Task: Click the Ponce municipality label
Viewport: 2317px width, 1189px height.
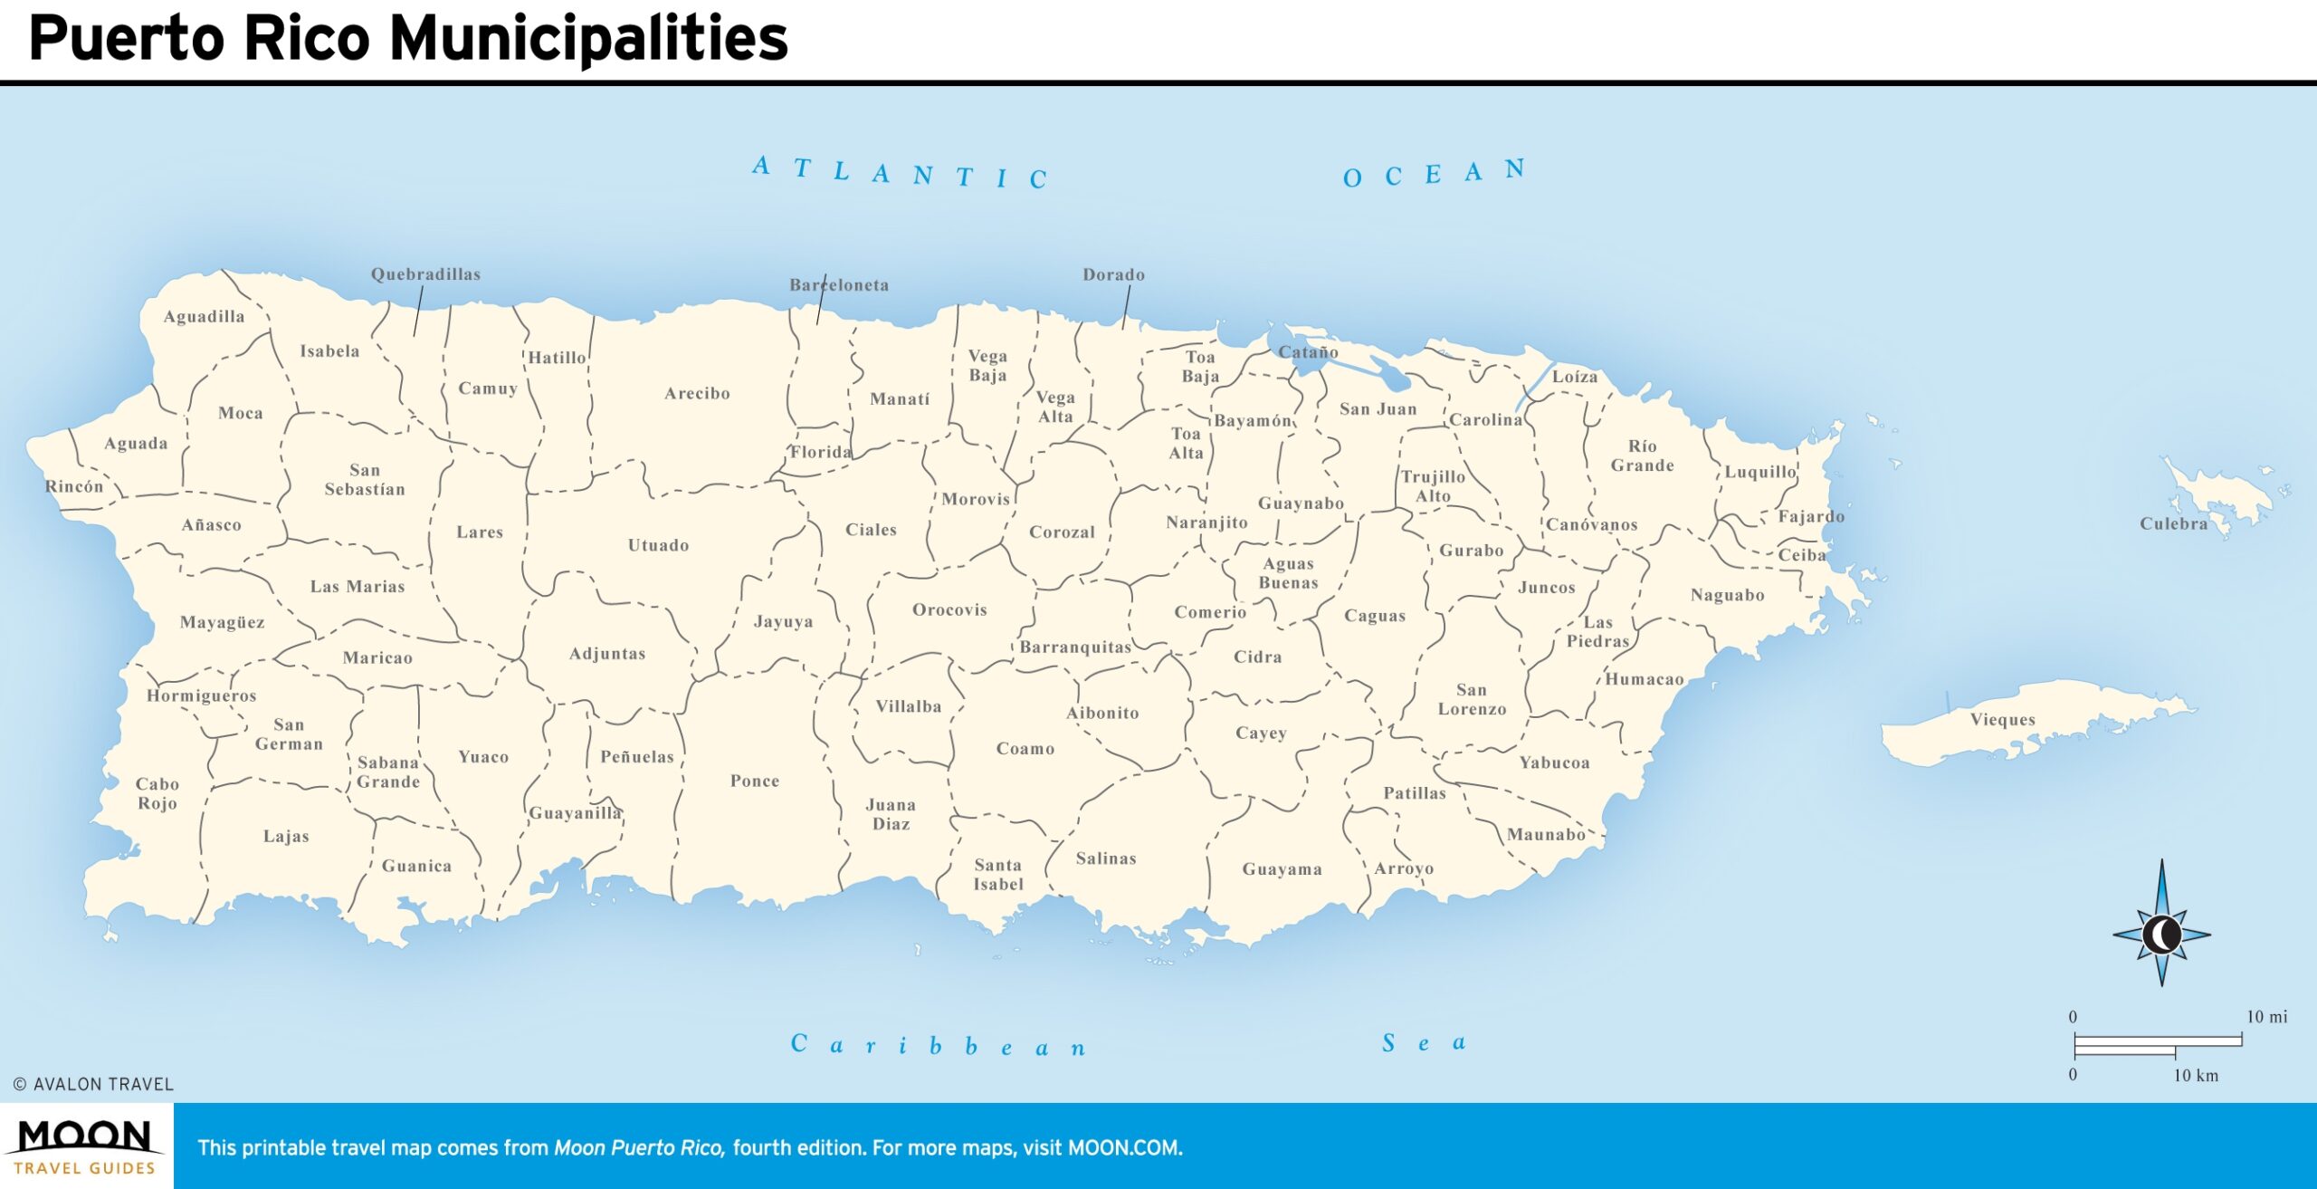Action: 754,781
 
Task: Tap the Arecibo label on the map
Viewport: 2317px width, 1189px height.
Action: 696,393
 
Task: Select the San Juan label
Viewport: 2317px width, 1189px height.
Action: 1378,409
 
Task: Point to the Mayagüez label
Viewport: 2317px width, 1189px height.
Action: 222,622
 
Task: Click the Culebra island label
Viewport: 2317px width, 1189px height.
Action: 2173,523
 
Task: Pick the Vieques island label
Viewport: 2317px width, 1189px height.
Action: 2002,720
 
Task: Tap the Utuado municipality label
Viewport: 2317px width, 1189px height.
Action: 658,545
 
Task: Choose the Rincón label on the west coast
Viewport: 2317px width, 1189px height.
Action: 74,486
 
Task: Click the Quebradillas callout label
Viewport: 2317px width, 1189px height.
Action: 425,274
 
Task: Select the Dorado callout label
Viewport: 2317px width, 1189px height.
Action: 1113,274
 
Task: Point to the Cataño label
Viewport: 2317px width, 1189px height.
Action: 1308,351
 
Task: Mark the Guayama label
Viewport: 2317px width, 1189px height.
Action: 1282,869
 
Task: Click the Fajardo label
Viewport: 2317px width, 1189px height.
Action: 1810,516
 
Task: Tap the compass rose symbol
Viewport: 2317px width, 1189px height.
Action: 2161,934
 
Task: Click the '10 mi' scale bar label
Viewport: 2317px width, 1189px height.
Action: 2266,1016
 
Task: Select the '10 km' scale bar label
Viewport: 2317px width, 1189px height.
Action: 2196,1075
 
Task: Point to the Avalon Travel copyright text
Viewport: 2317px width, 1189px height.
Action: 93,1084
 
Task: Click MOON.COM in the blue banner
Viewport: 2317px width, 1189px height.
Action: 1124,1148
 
